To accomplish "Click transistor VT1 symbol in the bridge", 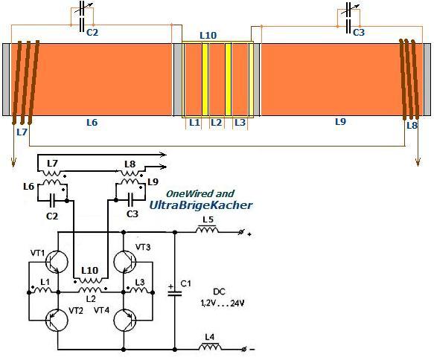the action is (57, 262).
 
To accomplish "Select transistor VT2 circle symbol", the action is (57, 320).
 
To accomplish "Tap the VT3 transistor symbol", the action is (124, 262).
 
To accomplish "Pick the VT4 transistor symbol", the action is (124, 320).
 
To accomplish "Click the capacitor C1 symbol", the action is (175, 291).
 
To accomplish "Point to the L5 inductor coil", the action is (207, 230).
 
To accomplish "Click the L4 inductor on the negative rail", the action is (210, 347).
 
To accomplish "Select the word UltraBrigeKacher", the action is (201, 205).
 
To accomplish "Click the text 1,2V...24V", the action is (223, 303).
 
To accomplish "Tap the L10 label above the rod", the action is (208, 36).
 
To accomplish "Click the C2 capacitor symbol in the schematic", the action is (53, 201).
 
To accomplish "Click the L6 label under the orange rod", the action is (92, 122).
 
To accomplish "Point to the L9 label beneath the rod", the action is (340, 121).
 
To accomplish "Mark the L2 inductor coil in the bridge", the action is (90, 290).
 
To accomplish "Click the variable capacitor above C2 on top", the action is (82, 8).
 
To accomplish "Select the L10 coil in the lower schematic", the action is (90, 280).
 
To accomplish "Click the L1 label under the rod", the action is (194, 122).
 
